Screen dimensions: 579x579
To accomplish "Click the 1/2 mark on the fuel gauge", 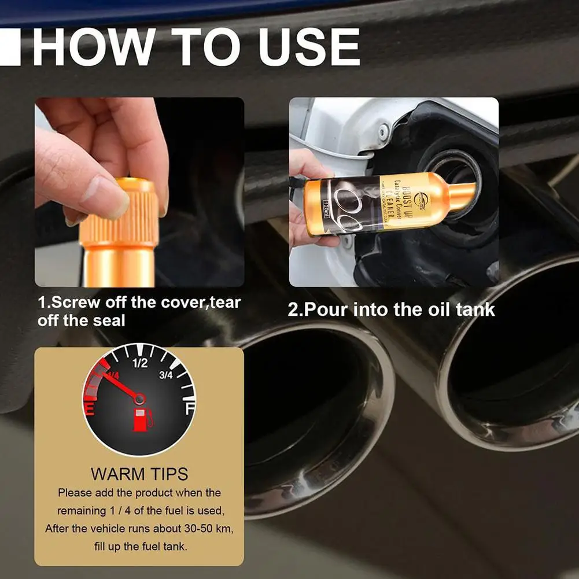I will click(x=140, y=363).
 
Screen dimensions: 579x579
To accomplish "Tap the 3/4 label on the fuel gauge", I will click(x=166, y=375).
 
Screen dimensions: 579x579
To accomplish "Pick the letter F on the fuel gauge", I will click(x=189, y=410).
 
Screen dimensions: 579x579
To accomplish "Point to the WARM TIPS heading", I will click(x=139, y=474).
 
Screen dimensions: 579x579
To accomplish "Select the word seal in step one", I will click(x=109, y=320).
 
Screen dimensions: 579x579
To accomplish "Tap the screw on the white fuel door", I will click(x=383, y=131).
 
